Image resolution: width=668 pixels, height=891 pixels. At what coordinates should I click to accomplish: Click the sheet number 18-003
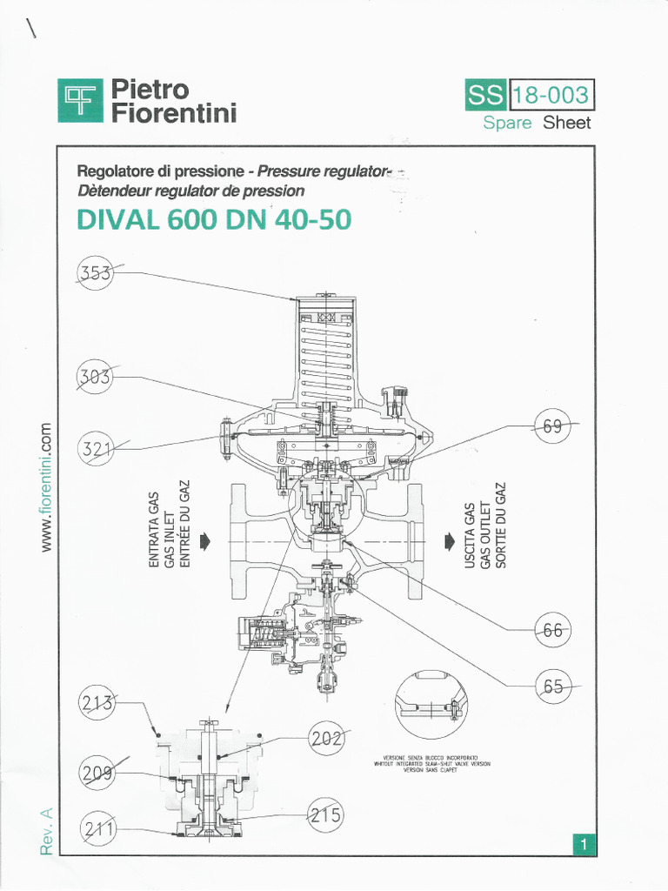tap(550, 96)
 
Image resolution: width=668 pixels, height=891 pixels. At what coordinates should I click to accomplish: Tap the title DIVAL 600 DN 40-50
tap(215, 220)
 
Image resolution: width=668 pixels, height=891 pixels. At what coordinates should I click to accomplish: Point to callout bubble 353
tap(97, 273)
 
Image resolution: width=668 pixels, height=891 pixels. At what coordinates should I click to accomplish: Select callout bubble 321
tap(97, 449)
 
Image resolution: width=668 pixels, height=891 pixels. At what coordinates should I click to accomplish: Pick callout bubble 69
tap(553, 426)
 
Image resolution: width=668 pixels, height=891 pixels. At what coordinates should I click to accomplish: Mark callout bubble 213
tap(97, 703)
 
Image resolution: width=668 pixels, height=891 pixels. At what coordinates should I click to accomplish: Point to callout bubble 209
tap(97, 773)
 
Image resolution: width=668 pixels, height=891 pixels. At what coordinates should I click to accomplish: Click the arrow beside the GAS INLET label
tap(206, 541)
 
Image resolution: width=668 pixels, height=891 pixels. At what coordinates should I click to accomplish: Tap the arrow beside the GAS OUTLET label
tap(448, 541)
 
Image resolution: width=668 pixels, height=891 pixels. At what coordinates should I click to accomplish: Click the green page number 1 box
tap(584, 843)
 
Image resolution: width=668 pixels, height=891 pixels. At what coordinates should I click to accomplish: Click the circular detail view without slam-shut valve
tap(429, 705)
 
